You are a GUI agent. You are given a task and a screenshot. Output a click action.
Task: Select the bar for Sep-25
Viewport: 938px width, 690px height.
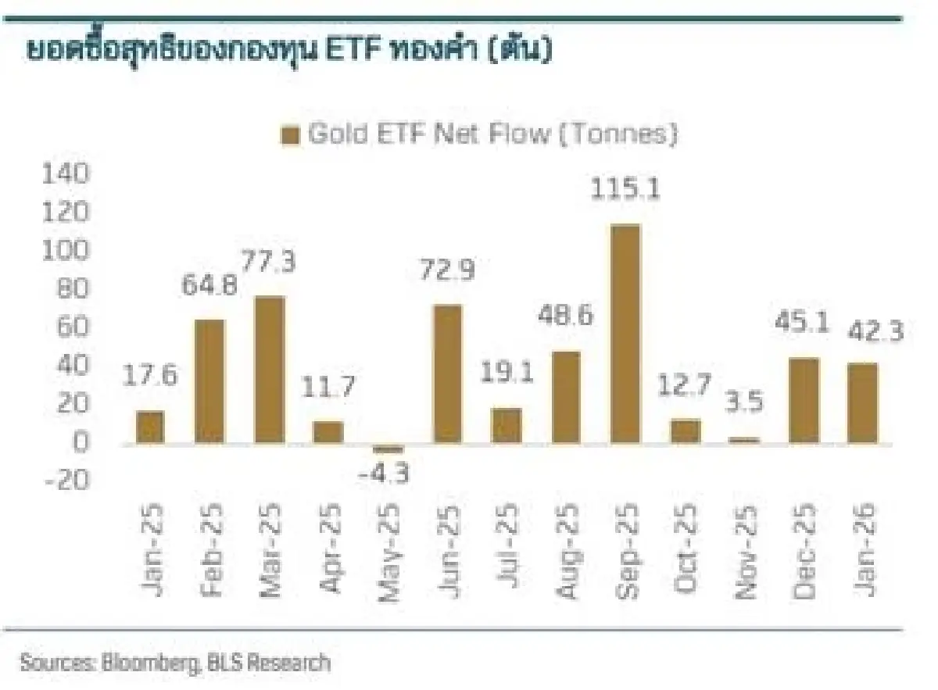(x=625, y=334)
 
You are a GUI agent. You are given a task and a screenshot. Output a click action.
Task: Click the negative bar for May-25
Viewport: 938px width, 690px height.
(x=388, y=449)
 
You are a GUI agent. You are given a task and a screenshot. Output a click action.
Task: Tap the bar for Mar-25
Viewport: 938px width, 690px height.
(x=270, y=370)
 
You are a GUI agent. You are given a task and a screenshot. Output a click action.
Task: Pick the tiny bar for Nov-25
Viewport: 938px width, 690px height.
(x=744, y=441)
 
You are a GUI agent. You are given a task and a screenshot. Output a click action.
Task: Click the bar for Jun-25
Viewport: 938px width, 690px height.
(x=447, y=374)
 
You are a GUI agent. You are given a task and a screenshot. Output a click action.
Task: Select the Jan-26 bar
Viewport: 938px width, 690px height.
(x=862, y=403)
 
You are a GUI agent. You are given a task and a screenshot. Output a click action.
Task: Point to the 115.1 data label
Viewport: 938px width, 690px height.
(x=625, y=190)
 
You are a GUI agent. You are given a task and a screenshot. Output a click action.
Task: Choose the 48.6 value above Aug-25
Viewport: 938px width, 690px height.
(x=565, y=316)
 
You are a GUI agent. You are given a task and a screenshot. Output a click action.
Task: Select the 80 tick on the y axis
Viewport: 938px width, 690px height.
(x=72, y=289)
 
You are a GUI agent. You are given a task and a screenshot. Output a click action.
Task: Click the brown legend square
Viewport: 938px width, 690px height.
(x=290, y=136)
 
